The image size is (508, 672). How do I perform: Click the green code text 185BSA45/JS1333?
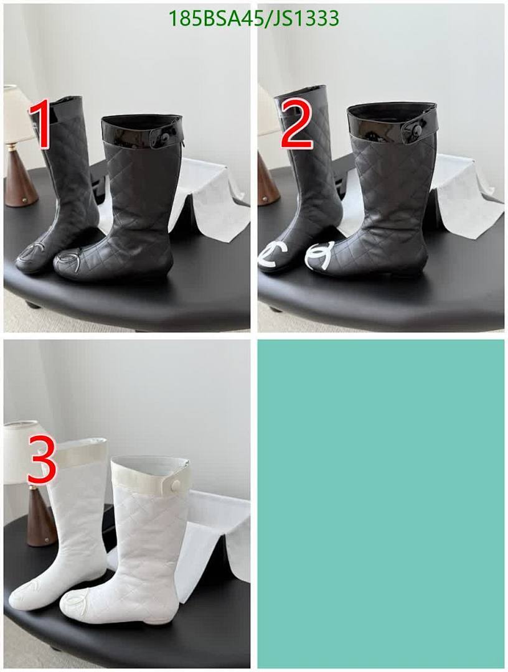pyautogui.click(x=254, y=19)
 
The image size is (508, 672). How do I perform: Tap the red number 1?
pyautogui.click(x=40, y=125)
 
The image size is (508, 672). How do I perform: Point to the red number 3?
pyautogui.click(x=42, y=460)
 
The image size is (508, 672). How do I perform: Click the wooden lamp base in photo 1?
pyautogui.click(x=20, y=180)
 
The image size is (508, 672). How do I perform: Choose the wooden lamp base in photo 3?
pyautogui.click(x=41, y=520)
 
